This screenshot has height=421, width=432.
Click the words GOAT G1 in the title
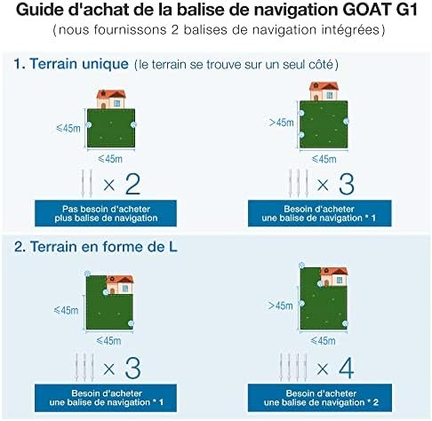[380, 10]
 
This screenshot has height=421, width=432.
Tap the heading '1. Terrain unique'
[71, 64]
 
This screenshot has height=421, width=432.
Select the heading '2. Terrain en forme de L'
[95, 247]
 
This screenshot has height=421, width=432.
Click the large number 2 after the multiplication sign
[132, 185]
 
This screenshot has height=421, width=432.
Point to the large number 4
[346, 368]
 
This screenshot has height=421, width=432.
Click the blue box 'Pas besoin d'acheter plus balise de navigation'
[106, 213]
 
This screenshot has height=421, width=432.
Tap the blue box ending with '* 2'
[320, 398]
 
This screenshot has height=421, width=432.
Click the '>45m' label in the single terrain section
[281, 123]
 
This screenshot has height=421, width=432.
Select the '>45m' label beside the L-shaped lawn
[280, 306]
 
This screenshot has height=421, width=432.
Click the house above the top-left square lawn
[111, 99]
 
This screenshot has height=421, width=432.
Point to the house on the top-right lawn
[324, 91]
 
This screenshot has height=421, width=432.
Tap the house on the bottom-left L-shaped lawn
[120, 284]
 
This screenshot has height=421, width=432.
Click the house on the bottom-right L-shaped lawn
[334, 276]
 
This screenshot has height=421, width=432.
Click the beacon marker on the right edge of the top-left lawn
[133, 124]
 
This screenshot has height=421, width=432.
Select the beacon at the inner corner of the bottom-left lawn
[106, 292]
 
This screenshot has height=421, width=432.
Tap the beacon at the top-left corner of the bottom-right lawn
[301, 265]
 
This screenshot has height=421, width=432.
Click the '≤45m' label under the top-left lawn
[110, 159]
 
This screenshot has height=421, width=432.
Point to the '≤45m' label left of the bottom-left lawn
[66, 310]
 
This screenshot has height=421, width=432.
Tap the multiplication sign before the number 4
[323, 369]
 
